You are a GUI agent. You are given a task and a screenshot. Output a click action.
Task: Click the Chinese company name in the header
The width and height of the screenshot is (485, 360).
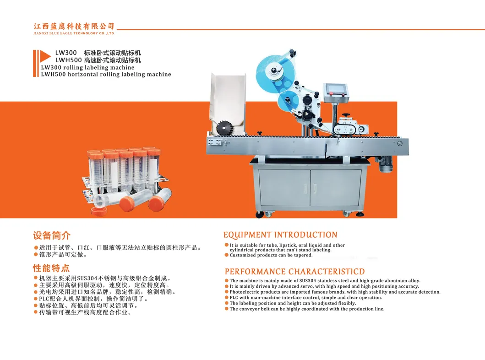(74, 26)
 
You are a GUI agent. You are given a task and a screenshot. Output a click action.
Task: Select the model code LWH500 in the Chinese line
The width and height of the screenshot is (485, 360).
(68, 60)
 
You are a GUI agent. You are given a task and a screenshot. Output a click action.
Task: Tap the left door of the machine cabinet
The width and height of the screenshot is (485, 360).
(283, 188)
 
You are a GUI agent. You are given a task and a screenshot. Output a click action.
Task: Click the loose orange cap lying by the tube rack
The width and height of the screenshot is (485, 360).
(99, 212)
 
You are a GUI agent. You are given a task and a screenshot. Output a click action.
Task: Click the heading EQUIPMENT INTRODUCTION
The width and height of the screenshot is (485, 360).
(280, 235)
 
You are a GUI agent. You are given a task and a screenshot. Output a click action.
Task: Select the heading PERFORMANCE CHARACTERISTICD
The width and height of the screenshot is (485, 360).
(294, 272)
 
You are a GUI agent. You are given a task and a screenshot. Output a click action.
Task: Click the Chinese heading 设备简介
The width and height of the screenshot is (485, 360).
(52, 236)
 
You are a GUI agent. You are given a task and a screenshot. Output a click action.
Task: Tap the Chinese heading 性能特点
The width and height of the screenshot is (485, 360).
(51, 268)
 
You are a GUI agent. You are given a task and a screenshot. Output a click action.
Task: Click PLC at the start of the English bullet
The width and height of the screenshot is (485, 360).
(234, 298)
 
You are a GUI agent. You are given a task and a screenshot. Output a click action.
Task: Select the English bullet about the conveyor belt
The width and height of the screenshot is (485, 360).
(307, 309)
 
